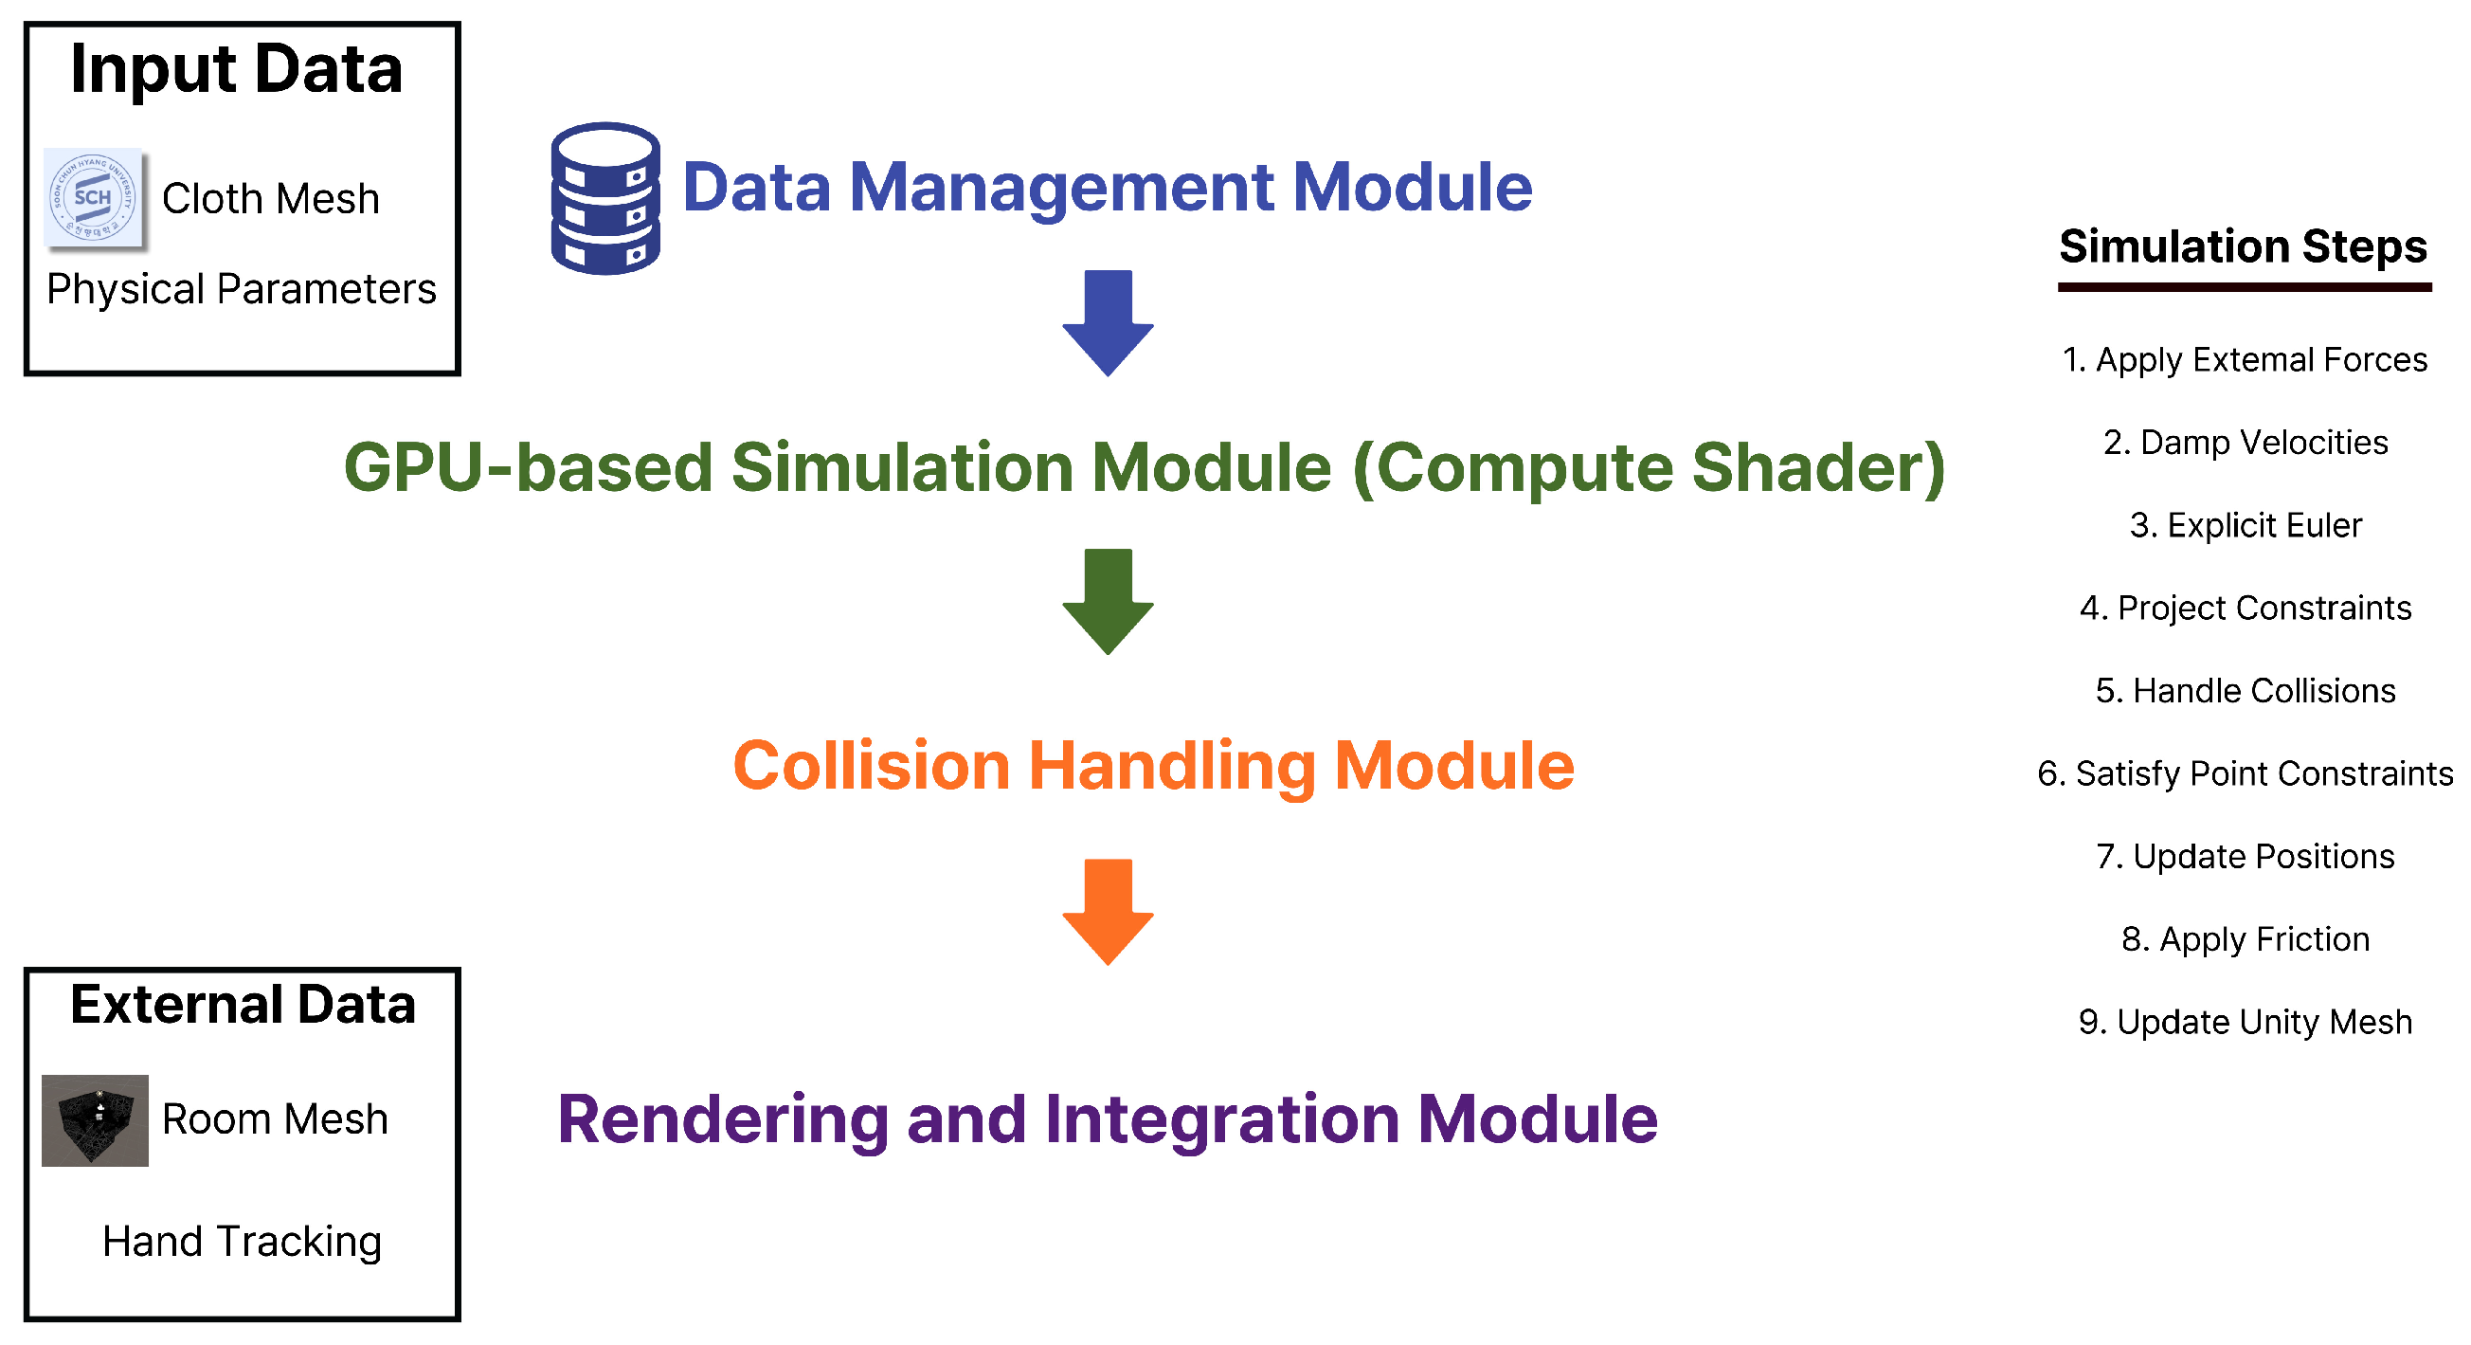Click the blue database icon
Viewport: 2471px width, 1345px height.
click(x=605, y=199)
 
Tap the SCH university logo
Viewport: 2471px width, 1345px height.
click(x=94, y=199)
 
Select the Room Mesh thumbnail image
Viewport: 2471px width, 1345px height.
click(x=95, y=1119)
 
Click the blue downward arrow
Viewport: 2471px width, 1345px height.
click(x=1108, y=322)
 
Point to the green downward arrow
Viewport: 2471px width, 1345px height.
click(x=1108, y=601)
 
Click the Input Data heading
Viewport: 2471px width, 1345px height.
click(x=237, y=69)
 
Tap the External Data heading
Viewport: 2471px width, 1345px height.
click(x=243, y=1005)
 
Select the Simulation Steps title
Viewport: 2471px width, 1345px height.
click(x=2243, y=246)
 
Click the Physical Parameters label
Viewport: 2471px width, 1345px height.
click(x=242, y=289)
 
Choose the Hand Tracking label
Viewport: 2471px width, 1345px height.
click(x=242, y=1242)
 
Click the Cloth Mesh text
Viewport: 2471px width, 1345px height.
click(x=271, y=199)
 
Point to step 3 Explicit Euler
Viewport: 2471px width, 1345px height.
click(x=2245, y=526)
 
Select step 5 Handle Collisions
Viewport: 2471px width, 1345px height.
click(x=2245, y=691)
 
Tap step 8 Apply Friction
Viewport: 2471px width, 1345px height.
click(x=2245, y=939)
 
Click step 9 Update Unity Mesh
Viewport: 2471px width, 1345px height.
click(x=2245, y=1023)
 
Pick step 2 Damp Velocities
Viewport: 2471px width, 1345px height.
click(x=2245, y=443)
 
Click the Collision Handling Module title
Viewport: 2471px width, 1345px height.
click(x=1153, y=766)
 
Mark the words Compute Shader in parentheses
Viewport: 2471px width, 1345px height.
click(x=1650, y=468)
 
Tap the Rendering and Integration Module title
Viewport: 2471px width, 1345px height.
click(x=1108, y=1119)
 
